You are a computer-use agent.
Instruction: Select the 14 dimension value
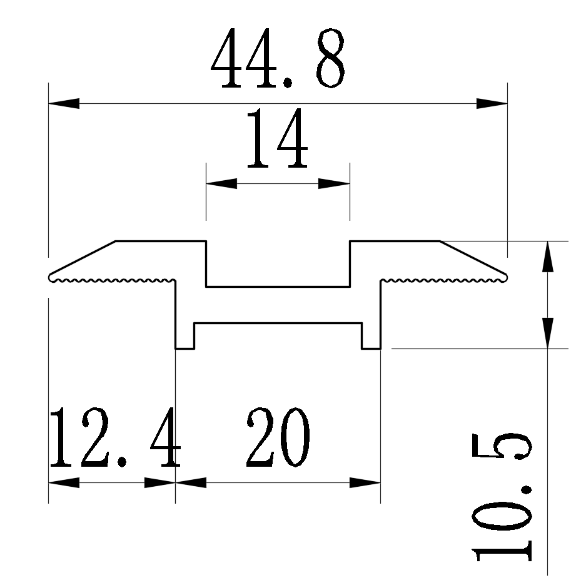point(278,140)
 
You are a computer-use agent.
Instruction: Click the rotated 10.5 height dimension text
point(504,497)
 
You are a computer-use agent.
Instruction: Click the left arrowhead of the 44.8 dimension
point(64,103)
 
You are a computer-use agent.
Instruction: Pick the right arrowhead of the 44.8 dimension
point(492,103)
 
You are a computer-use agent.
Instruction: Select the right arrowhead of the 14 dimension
point(334,183)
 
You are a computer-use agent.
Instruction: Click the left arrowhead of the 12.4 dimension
point(64,483)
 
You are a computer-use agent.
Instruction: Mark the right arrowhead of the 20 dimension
point(365,483)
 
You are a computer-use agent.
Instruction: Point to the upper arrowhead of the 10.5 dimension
point(547,257)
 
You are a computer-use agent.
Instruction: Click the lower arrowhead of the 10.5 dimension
point(547,332)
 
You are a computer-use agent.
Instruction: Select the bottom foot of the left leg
point(185,347)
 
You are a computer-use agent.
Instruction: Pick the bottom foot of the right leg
point(371,347)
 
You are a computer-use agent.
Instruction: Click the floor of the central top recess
point(278,287)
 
